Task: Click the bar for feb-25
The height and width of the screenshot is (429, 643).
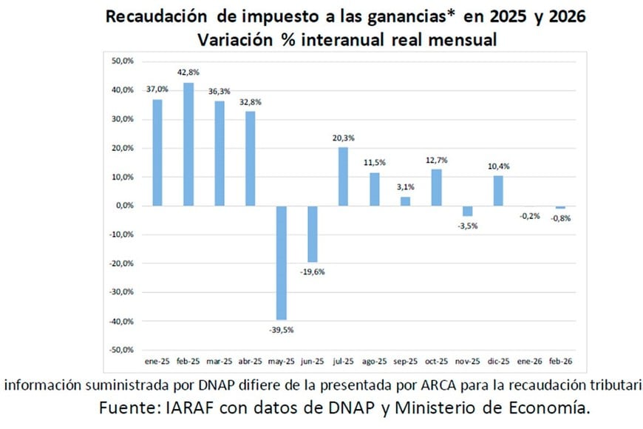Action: [188, 144]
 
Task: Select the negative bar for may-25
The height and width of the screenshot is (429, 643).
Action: [282, 263]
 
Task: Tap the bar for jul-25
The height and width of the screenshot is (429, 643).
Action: [343, 177]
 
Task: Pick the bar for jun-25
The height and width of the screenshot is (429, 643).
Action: [313, 234]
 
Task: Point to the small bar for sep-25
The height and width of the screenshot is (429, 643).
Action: [405, 201]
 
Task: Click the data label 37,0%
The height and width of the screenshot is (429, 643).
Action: [157, 89]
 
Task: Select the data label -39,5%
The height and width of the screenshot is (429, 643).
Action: [281, 329]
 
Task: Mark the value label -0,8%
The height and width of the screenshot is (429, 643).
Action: [560, 218]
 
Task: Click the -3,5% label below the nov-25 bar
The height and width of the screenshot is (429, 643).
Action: [467, 226]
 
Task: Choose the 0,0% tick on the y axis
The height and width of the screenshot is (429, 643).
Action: [123, 206]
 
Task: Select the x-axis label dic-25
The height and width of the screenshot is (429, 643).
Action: [498, 362]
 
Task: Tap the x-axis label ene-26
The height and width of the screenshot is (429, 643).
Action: [529, 362]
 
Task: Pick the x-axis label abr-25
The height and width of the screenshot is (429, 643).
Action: [250, 362]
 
